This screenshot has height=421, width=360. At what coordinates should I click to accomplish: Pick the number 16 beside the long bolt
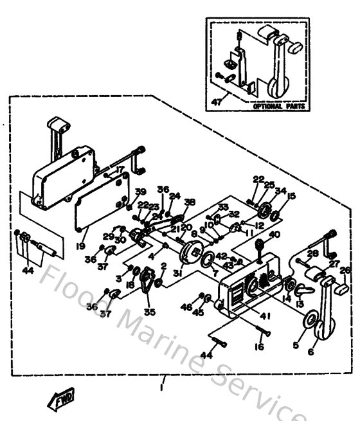point(260,348)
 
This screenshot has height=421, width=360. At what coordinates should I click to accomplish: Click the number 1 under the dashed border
point(161,389)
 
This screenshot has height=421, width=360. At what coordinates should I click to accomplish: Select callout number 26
point(345,270)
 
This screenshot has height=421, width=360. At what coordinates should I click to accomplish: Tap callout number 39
point(141,192)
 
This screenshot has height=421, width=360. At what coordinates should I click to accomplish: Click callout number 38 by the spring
point(189,202)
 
